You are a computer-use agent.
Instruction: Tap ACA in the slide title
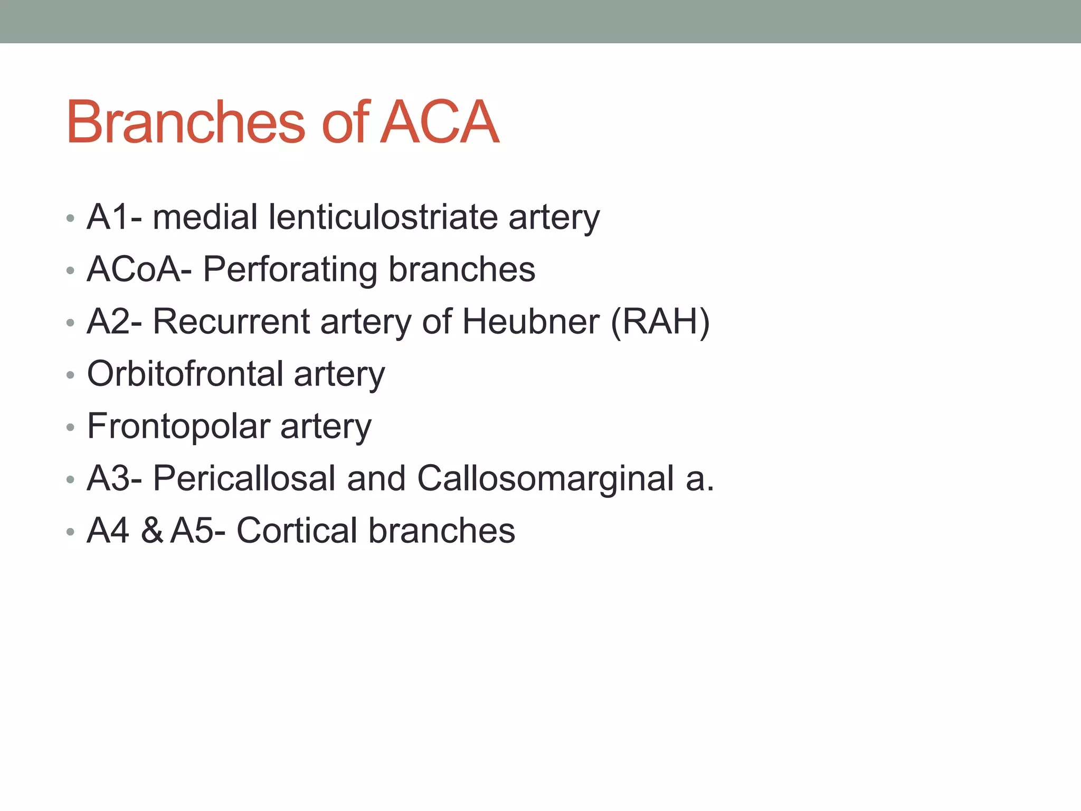(439, 122)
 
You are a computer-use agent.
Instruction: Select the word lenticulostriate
(383, 217)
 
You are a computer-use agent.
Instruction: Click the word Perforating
(290, 269)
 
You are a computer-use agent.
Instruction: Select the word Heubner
(530, 322)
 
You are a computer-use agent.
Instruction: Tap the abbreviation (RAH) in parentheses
(660, 322)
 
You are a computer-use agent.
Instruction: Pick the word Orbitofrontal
(185, 374)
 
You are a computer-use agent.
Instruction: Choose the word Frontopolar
(178, 426)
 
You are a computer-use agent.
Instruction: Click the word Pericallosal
(244, 478)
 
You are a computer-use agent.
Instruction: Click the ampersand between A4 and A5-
(151, 531)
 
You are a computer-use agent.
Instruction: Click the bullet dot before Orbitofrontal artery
(70, 375)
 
